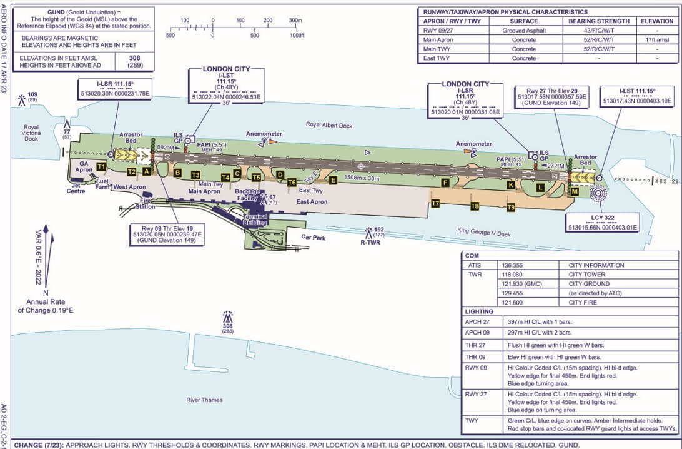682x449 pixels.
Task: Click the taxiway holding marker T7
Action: (x=435, y=203)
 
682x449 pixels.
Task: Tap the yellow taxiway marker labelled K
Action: (x=511, y=184)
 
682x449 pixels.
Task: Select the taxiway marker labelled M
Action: (x=575, y=192)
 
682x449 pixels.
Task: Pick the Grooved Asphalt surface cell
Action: (x=524, y=30)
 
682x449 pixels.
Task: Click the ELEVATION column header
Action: (x=656, y=21)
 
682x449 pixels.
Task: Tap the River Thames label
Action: (x=204, y=400)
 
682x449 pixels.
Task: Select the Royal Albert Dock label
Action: (x=329, y=125)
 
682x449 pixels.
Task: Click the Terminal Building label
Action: (x=255, y=219)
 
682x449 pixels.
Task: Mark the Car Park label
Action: (x=314, y=237)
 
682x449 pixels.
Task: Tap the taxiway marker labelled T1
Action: (x=101, y=166)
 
